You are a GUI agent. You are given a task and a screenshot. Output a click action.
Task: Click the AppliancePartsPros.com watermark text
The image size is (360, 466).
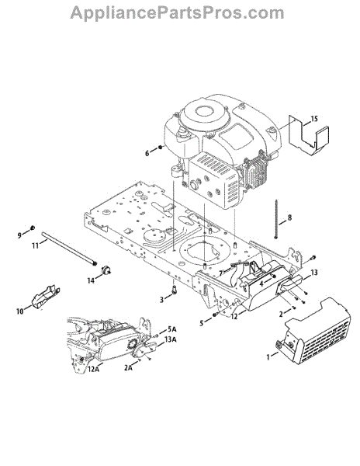177,12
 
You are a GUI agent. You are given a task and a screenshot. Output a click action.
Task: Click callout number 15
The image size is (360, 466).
314,119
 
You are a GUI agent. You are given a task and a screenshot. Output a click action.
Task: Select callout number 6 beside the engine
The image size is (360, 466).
147,153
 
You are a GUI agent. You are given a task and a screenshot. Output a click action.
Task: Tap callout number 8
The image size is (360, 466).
289,217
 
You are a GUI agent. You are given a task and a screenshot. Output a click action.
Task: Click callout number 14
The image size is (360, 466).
91,280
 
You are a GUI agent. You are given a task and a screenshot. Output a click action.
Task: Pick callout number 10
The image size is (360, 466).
20,311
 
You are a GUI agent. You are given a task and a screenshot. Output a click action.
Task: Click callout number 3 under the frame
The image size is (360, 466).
161,300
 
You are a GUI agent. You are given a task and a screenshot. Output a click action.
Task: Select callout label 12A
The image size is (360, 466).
93,370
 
